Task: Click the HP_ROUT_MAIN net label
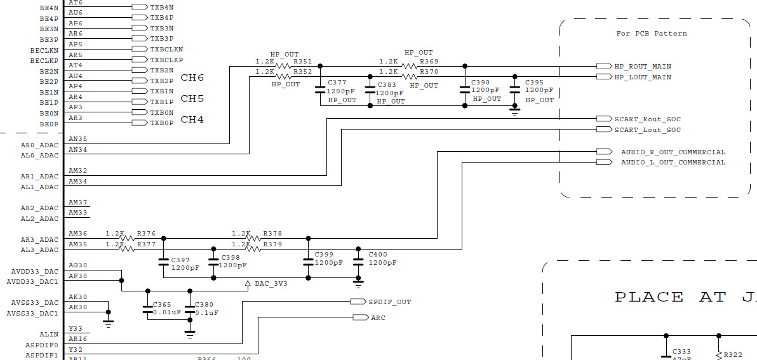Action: [642, 67]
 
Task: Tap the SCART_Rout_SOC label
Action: [647, 119]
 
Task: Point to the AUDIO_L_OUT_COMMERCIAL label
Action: [673, 163]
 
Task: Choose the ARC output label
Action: [378, 317]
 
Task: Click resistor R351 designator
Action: [302, 62]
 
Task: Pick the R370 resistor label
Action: [429, 72]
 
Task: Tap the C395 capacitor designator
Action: [535, 83]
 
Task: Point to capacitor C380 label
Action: [204, 305]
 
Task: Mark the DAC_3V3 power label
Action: [271, 284]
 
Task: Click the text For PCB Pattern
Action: [652, 34]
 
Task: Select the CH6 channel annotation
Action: [192, 78]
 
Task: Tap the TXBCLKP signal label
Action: [166, 60]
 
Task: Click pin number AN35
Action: [77, 139]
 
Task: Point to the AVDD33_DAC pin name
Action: [35, 272]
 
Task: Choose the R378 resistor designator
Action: [272, 234]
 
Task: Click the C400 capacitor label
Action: [378, 255]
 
